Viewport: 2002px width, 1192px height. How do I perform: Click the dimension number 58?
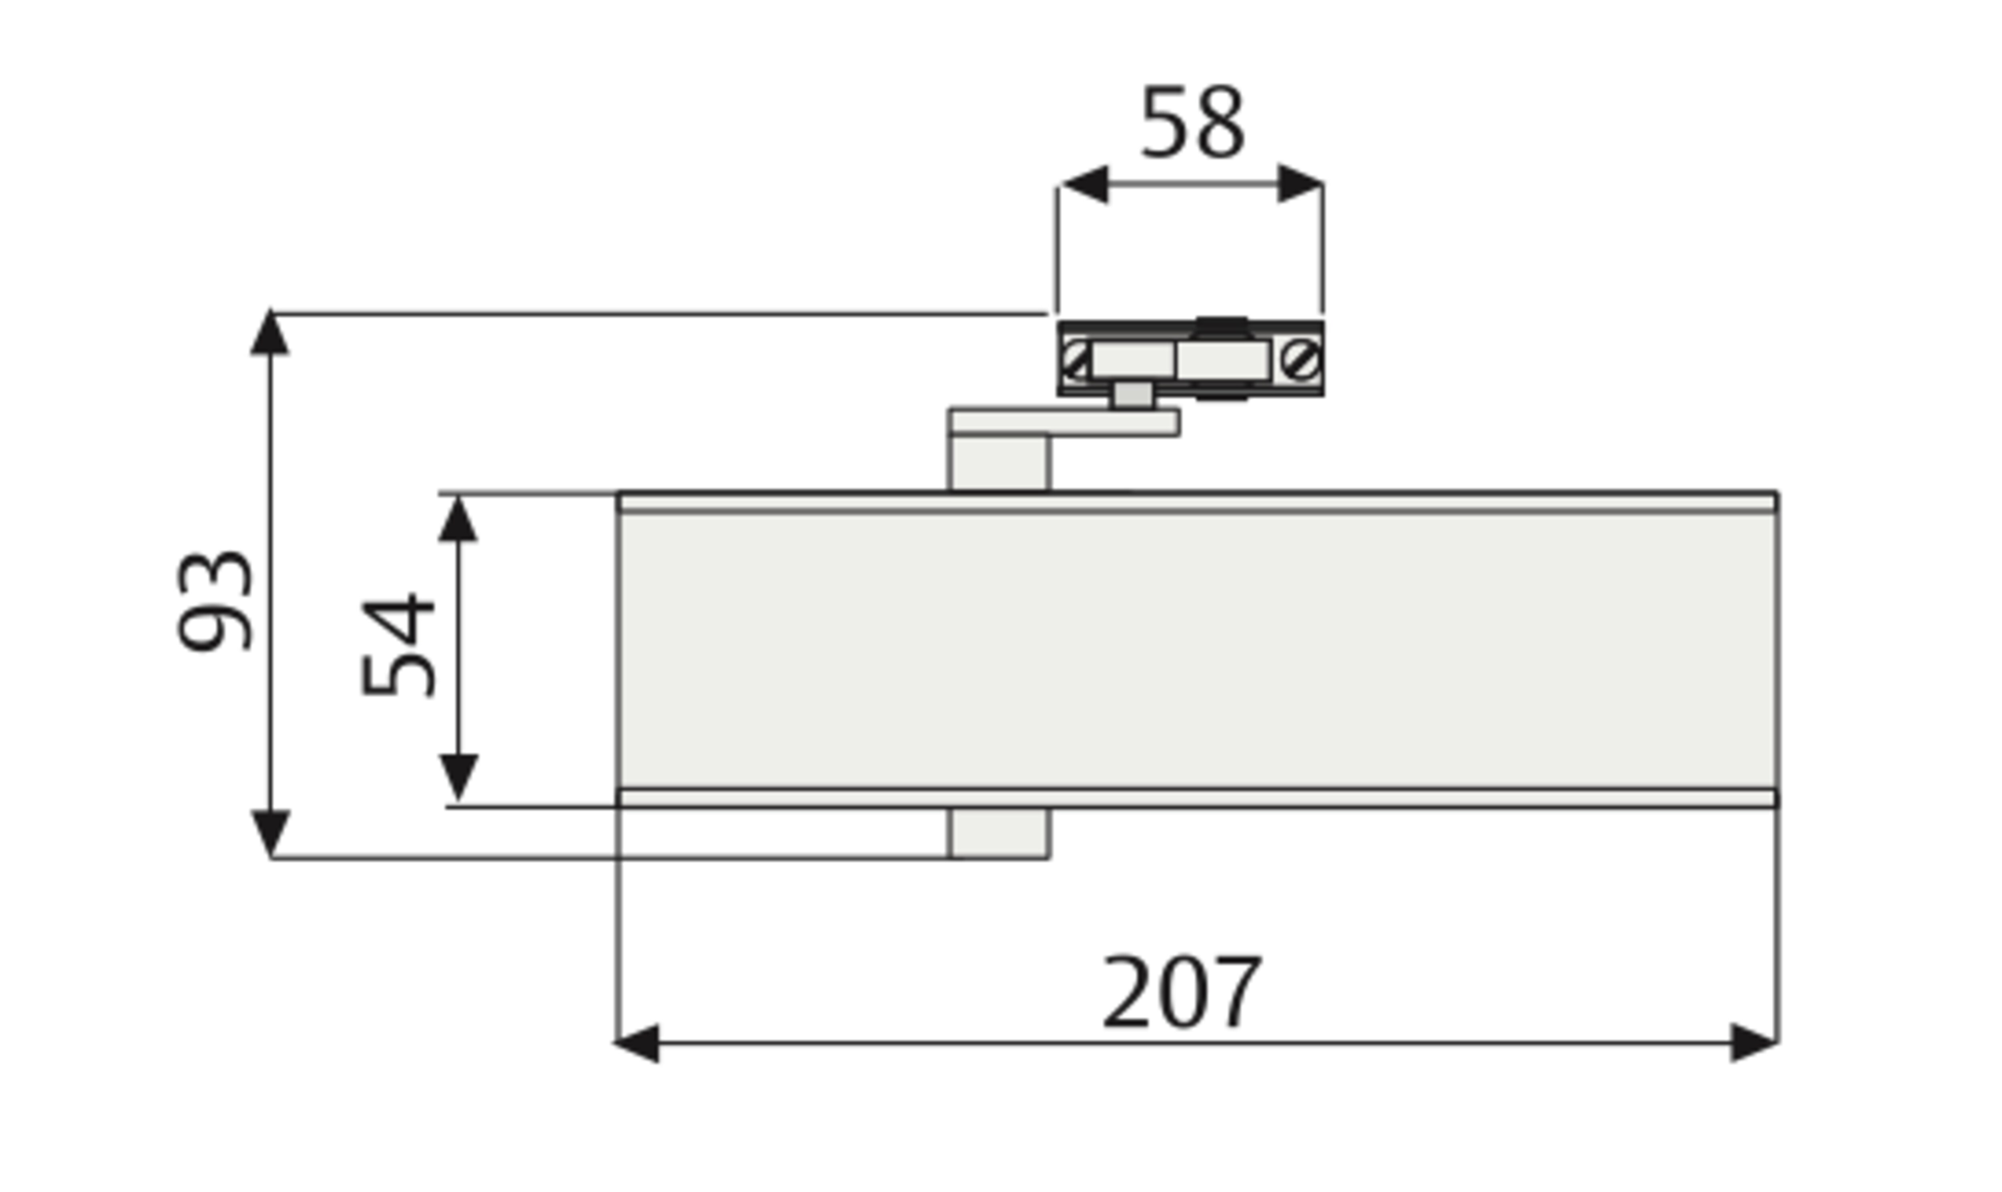(x=1193, y=123)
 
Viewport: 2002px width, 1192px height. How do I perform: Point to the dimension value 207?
(x=1182, y=992)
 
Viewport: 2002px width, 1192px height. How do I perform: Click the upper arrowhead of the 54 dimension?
(x=458, y=518)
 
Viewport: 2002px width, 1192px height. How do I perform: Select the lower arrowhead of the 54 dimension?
(x=458, y=778)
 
